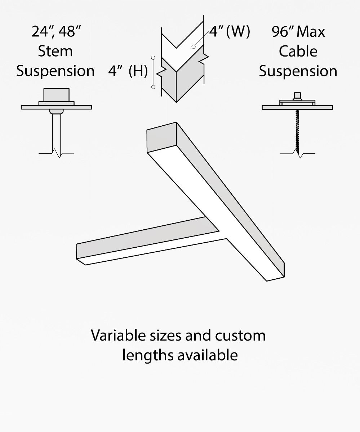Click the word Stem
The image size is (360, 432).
(55, 51)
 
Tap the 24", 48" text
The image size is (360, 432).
(55, 32)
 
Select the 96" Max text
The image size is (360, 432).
(298, 32)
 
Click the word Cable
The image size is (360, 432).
(298, 51)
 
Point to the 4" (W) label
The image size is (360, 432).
(230, 32)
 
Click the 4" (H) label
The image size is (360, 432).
(128, 71)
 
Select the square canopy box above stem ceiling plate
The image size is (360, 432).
(56, 95)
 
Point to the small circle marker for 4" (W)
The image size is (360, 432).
(194, 46)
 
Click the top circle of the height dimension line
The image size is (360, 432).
(153, 57)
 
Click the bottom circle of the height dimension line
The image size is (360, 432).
(153, 87)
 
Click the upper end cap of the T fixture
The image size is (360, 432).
(161, 138)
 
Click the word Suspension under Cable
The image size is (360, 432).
(298, 71)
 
